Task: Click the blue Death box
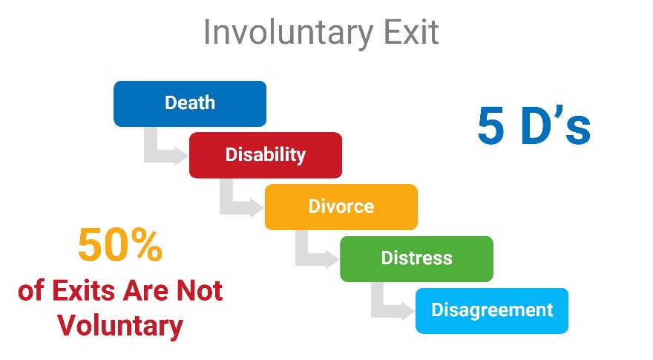pyautogui.click(x=190, y=104)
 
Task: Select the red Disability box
pyautogui.click(x=266, y=155)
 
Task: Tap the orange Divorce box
pyautogui.click(x=341, y=206)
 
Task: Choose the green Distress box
pyautogui.click(x=417, y=259)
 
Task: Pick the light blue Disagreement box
pyautogui.click(x=492, y=310)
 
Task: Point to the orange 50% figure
pyautogui.click(x=120, y=245)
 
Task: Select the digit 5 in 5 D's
pyautogui.click(x=491, y=125)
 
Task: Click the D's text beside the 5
pyautogui.click(x=556, y=125)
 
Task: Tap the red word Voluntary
pyautogui.click(x=120, y=326)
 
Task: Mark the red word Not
pyautogui.click(x=200, y=290)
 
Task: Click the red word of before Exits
pyautogui.click(x=31, y=290)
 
